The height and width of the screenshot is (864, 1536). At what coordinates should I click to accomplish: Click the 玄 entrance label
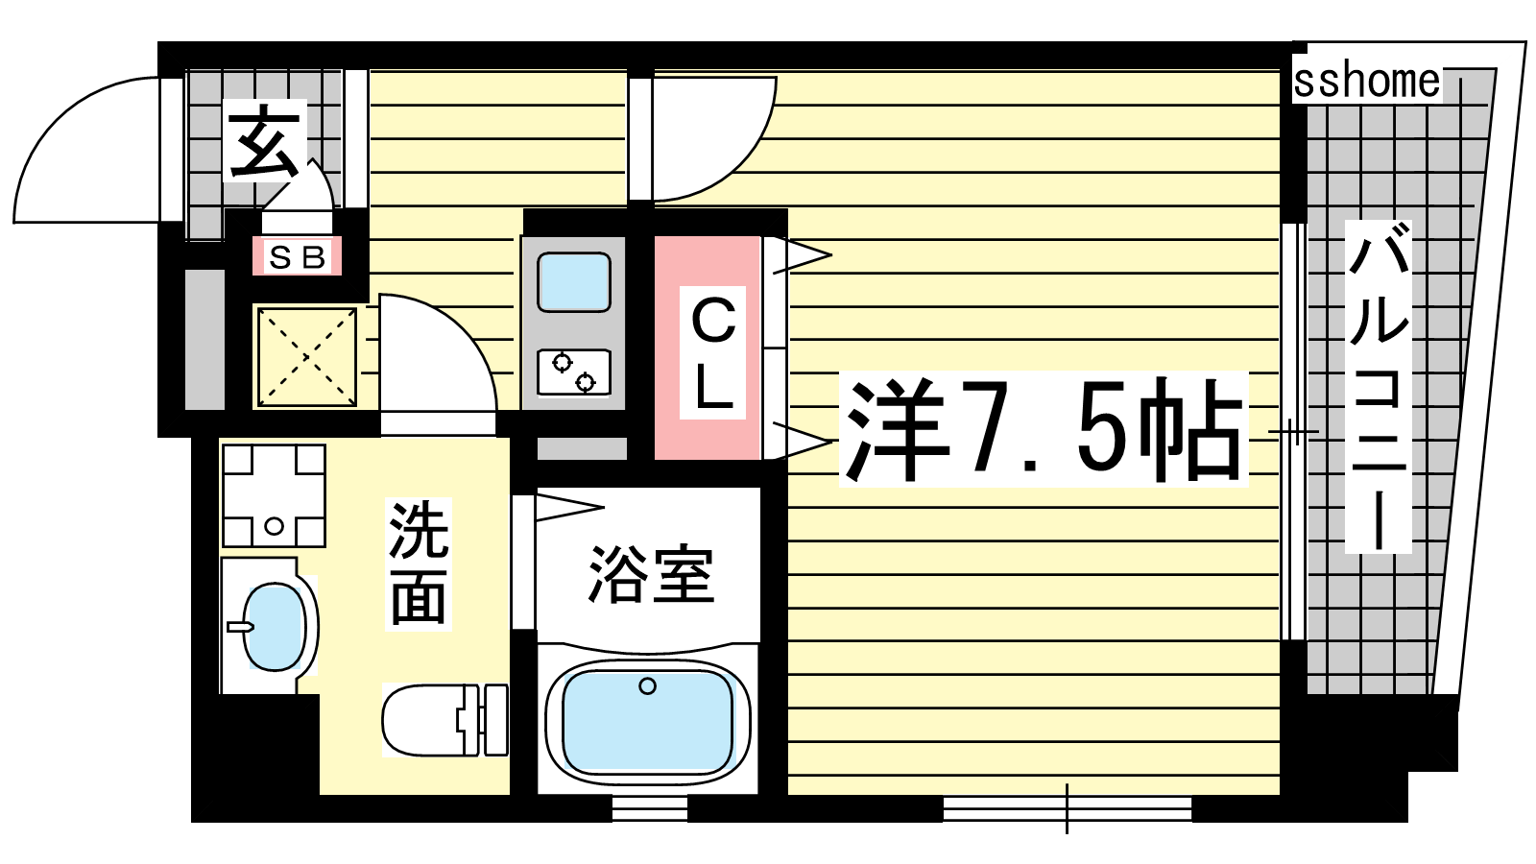[263, 143]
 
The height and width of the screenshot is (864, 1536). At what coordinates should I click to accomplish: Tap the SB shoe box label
[297, 257]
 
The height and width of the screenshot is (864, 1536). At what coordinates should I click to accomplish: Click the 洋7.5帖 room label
[1043, 429]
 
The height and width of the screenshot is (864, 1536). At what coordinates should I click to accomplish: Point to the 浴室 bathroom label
[651, 575]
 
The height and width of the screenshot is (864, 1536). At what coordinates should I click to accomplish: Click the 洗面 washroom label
[419, 564]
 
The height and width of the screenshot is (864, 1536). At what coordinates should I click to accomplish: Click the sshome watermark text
[1367, 82]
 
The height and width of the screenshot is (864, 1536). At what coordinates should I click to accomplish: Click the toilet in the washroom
[445, 720]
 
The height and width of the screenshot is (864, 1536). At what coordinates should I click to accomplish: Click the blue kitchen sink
[574, 282]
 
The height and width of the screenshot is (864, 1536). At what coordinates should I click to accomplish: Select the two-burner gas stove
[574, 372]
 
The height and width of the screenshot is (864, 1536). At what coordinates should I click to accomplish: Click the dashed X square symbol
[307, 356]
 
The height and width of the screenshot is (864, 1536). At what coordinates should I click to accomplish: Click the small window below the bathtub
[649, 808]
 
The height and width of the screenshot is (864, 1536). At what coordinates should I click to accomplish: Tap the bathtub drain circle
[647, 685]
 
